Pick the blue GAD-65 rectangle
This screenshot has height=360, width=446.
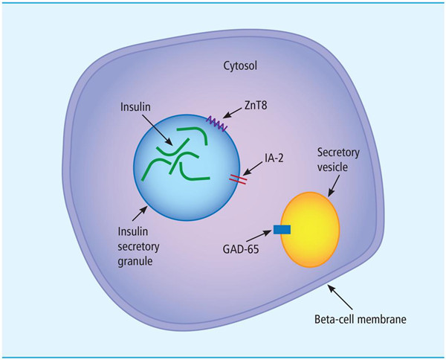282,231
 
